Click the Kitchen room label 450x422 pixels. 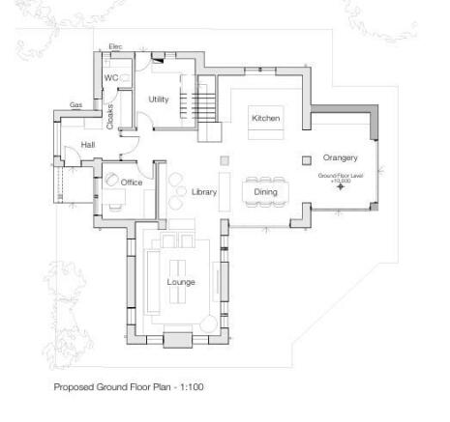coord(265,118)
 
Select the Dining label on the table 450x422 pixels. coord(265,192)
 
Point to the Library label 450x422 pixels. coord(203,192)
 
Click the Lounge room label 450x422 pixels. coord(181,282)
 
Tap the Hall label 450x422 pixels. coord(88,145)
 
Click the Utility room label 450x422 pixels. coord(159,99)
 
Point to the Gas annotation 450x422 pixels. coord(75,104)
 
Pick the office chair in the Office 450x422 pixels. coord(113,181)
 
